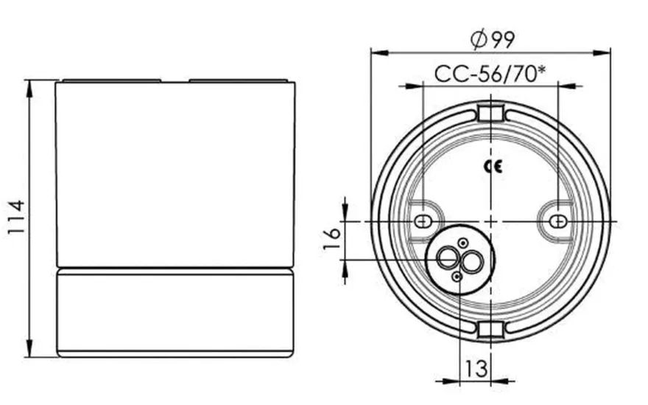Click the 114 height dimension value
15,217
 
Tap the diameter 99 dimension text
493,39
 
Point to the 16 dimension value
331,239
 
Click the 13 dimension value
476,368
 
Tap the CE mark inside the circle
493,167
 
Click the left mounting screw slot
423,221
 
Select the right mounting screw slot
558,221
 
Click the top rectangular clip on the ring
490,114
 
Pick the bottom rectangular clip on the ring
490,330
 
